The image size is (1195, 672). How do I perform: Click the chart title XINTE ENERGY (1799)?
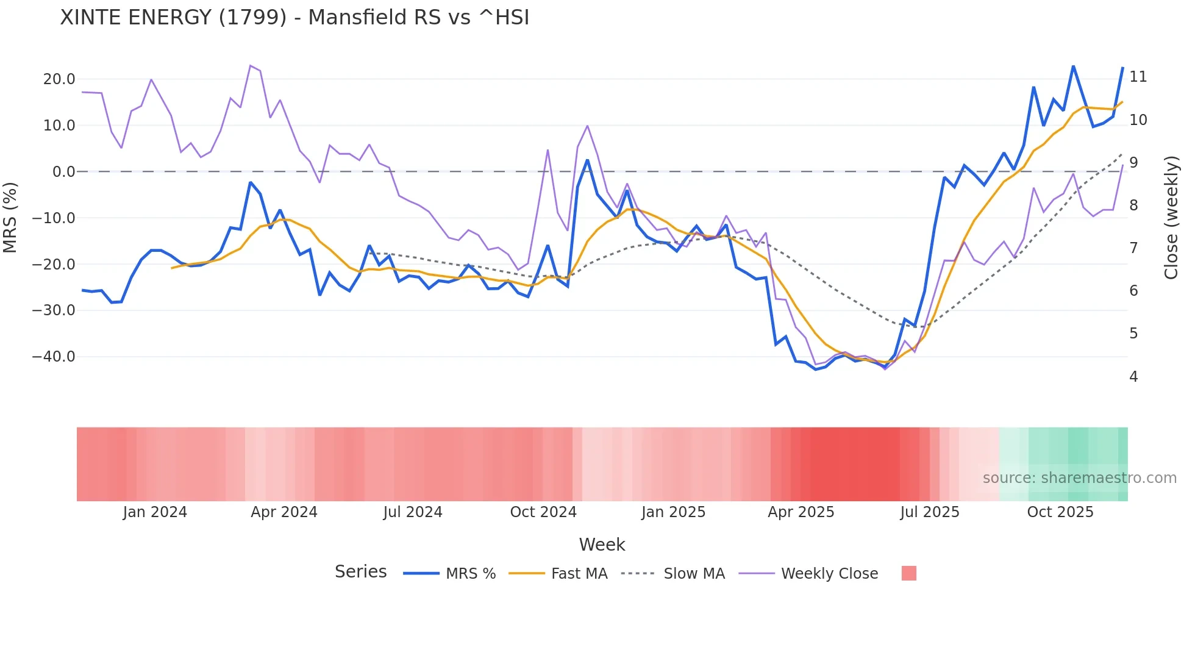[294, 18]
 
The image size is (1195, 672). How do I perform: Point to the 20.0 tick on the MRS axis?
[59, 79]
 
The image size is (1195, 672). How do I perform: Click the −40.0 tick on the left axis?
[54, 357]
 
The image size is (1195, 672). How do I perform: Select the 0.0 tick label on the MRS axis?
[63, 172]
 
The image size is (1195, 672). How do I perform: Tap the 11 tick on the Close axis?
[1138, 77]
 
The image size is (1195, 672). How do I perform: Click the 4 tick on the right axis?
[1133, 377]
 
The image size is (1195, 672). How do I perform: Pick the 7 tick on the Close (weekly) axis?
[1133, 248]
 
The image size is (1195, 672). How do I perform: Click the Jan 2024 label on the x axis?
[155, 512]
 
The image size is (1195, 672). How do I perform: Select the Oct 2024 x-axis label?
[543, 512]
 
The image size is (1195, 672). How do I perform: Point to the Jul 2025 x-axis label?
[930, 512]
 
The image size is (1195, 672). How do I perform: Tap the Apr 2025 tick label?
[801, 512]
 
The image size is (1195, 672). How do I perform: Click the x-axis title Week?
[602, 545]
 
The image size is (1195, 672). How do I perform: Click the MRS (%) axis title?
[10, 218]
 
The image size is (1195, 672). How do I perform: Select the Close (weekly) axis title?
[1171, 218]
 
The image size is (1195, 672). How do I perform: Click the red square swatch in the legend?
[908, 573]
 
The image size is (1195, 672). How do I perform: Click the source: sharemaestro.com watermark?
[1079, 478]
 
